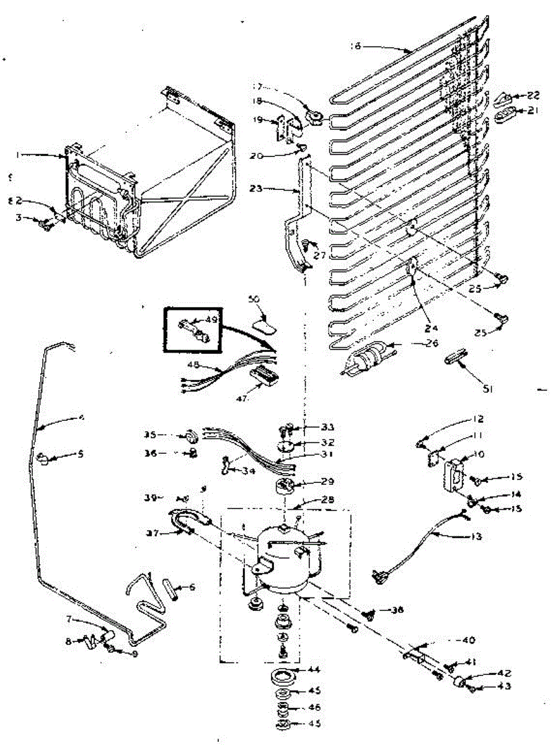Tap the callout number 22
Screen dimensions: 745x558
(533, 95)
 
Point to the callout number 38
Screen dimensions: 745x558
(396, 611)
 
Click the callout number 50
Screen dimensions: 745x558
(254, 299)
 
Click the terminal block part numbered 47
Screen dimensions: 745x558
(263, 374)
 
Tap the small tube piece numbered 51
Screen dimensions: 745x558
(454, 359)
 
